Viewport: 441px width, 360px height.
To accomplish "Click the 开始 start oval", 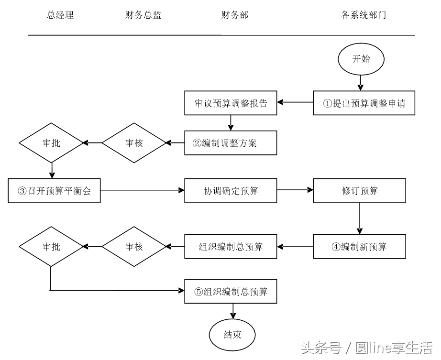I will click(361, 59).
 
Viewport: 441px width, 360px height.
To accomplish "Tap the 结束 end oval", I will click(232, 335).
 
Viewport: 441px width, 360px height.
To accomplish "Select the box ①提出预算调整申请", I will click(364, 103).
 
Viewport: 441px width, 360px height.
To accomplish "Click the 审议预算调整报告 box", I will click(231, 103).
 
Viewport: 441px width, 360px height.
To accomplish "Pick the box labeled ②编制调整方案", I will click(231, 143).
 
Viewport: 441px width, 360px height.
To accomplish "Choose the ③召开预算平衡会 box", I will click(54, 191).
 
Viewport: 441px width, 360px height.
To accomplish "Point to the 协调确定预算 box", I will click(231, 191).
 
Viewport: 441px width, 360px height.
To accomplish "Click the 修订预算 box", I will click(359, 191).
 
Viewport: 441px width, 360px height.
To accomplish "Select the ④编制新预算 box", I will click(359, 247).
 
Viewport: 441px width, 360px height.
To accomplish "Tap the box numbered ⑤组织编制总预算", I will click(231, 291).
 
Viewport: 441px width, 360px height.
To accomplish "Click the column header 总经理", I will click(60, 15).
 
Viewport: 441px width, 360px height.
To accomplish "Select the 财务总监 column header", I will click(143, 15).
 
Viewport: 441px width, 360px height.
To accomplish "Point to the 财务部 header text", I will click(234, 15).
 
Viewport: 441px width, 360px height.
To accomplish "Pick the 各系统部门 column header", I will click(364, 15).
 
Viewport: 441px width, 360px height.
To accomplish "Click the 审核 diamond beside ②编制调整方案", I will click(134, 143).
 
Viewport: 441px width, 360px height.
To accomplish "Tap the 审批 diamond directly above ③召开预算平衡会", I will click(51, 143).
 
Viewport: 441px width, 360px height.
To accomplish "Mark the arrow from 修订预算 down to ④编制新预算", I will click(359, 218).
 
